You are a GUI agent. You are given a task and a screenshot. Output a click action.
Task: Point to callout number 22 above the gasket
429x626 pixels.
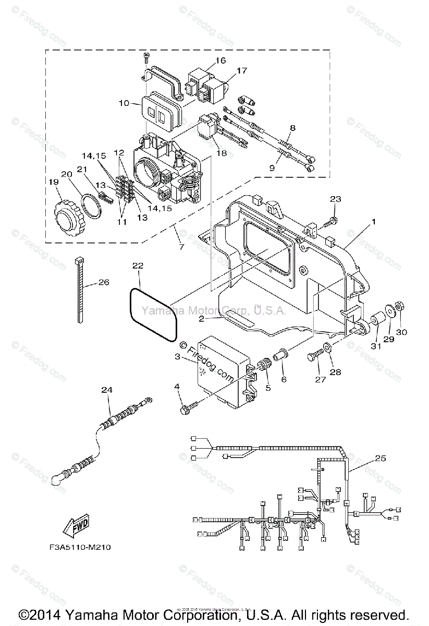pos(137,266)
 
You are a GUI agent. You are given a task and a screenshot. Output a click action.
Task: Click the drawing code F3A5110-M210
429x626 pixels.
pos(77,548)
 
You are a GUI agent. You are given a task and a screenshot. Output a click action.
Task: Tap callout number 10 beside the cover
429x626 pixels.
pos(124,103)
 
